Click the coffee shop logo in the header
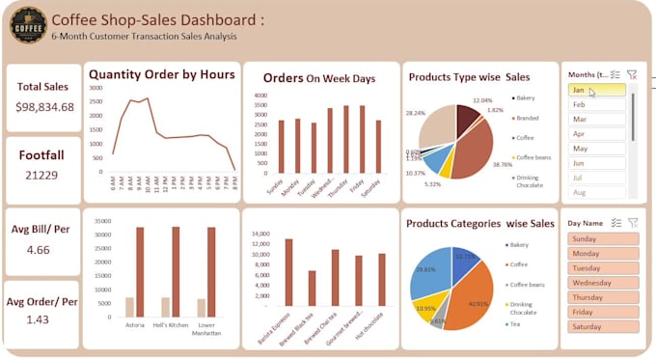click(28, 26)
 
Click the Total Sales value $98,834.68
click(44, 106)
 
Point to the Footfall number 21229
click(43, 175)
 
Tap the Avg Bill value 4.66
click(39, 250)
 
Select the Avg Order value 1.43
click(39, 319)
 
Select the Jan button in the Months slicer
click(596, 90)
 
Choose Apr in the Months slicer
click(596, 134)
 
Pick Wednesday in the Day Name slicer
click(602, 283)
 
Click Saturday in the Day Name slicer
click(602, 327)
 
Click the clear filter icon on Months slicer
click(632, 73)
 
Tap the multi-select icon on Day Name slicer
click(615, 222)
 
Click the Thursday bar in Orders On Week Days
click(345, 140)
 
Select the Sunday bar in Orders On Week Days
click(281, 147)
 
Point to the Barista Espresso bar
click(287, 273)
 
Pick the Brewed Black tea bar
click(312, 289)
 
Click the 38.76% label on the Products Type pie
click(502, 165)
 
